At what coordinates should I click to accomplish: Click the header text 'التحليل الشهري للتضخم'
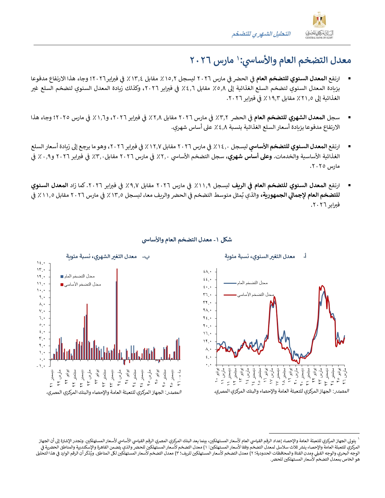tap(261, 34)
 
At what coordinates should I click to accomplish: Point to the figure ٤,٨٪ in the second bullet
tap(220, 127)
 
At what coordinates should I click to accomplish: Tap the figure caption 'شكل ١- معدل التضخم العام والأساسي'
tap(187, 240)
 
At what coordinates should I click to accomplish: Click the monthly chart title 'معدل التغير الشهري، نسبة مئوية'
tap(101, 257)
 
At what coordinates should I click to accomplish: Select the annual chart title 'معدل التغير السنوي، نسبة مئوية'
tap(259, 257)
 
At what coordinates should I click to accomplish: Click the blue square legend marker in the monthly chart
tap(62, 276)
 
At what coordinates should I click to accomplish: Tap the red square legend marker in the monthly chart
tap(62, 284)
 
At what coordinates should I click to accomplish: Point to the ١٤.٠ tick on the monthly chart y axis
tap(41, 263)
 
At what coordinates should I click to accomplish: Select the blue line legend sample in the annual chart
tap(230, 283)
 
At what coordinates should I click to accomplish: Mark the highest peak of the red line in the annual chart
tap(322, 286)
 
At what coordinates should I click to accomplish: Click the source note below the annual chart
tap(281, 391)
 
